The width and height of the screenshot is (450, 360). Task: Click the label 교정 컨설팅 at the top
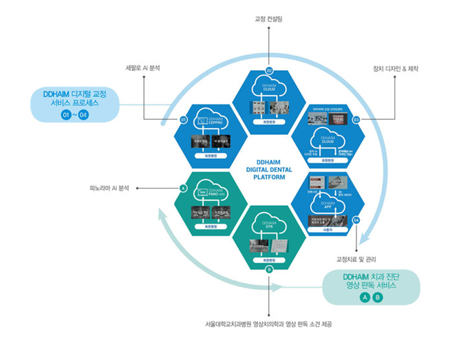(269, 19)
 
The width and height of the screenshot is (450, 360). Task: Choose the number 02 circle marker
(269, 70)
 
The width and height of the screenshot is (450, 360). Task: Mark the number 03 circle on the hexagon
(356, 119)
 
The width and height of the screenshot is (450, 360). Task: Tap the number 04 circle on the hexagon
(356, 220)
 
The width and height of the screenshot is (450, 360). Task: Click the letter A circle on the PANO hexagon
(183, 187)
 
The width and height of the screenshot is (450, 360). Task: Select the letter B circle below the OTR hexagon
(269, 269)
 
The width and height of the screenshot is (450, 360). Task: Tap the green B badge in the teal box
(377, 297)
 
